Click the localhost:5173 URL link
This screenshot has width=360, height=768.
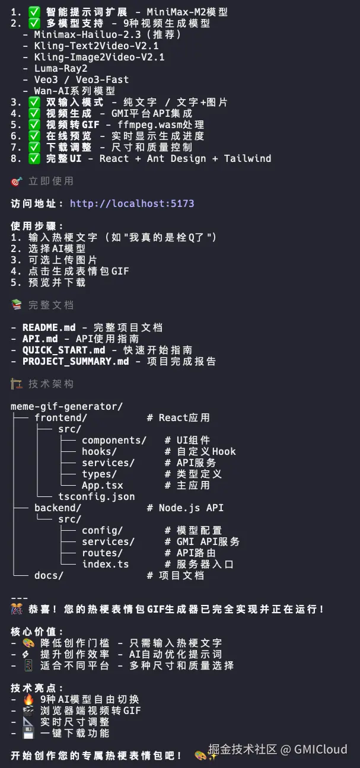132,203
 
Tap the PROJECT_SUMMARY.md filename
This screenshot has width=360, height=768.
75,361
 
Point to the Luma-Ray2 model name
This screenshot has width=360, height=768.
60,68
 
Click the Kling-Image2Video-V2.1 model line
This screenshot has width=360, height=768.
99,57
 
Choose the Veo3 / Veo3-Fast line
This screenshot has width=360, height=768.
81,79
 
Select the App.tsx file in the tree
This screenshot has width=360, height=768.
102,485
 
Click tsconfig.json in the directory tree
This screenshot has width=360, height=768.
96,496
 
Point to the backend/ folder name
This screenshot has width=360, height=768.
58,508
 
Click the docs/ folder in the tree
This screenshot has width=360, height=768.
49,575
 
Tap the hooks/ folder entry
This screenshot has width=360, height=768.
99,451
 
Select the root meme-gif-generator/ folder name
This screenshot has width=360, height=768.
66,406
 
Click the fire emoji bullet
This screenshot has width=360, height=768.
28,699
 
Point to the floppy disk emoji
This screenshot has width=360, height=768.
28,733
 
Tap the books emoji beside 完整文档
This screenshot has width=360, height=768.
17,305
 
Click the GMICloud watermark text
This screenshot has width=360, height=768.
321,749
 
